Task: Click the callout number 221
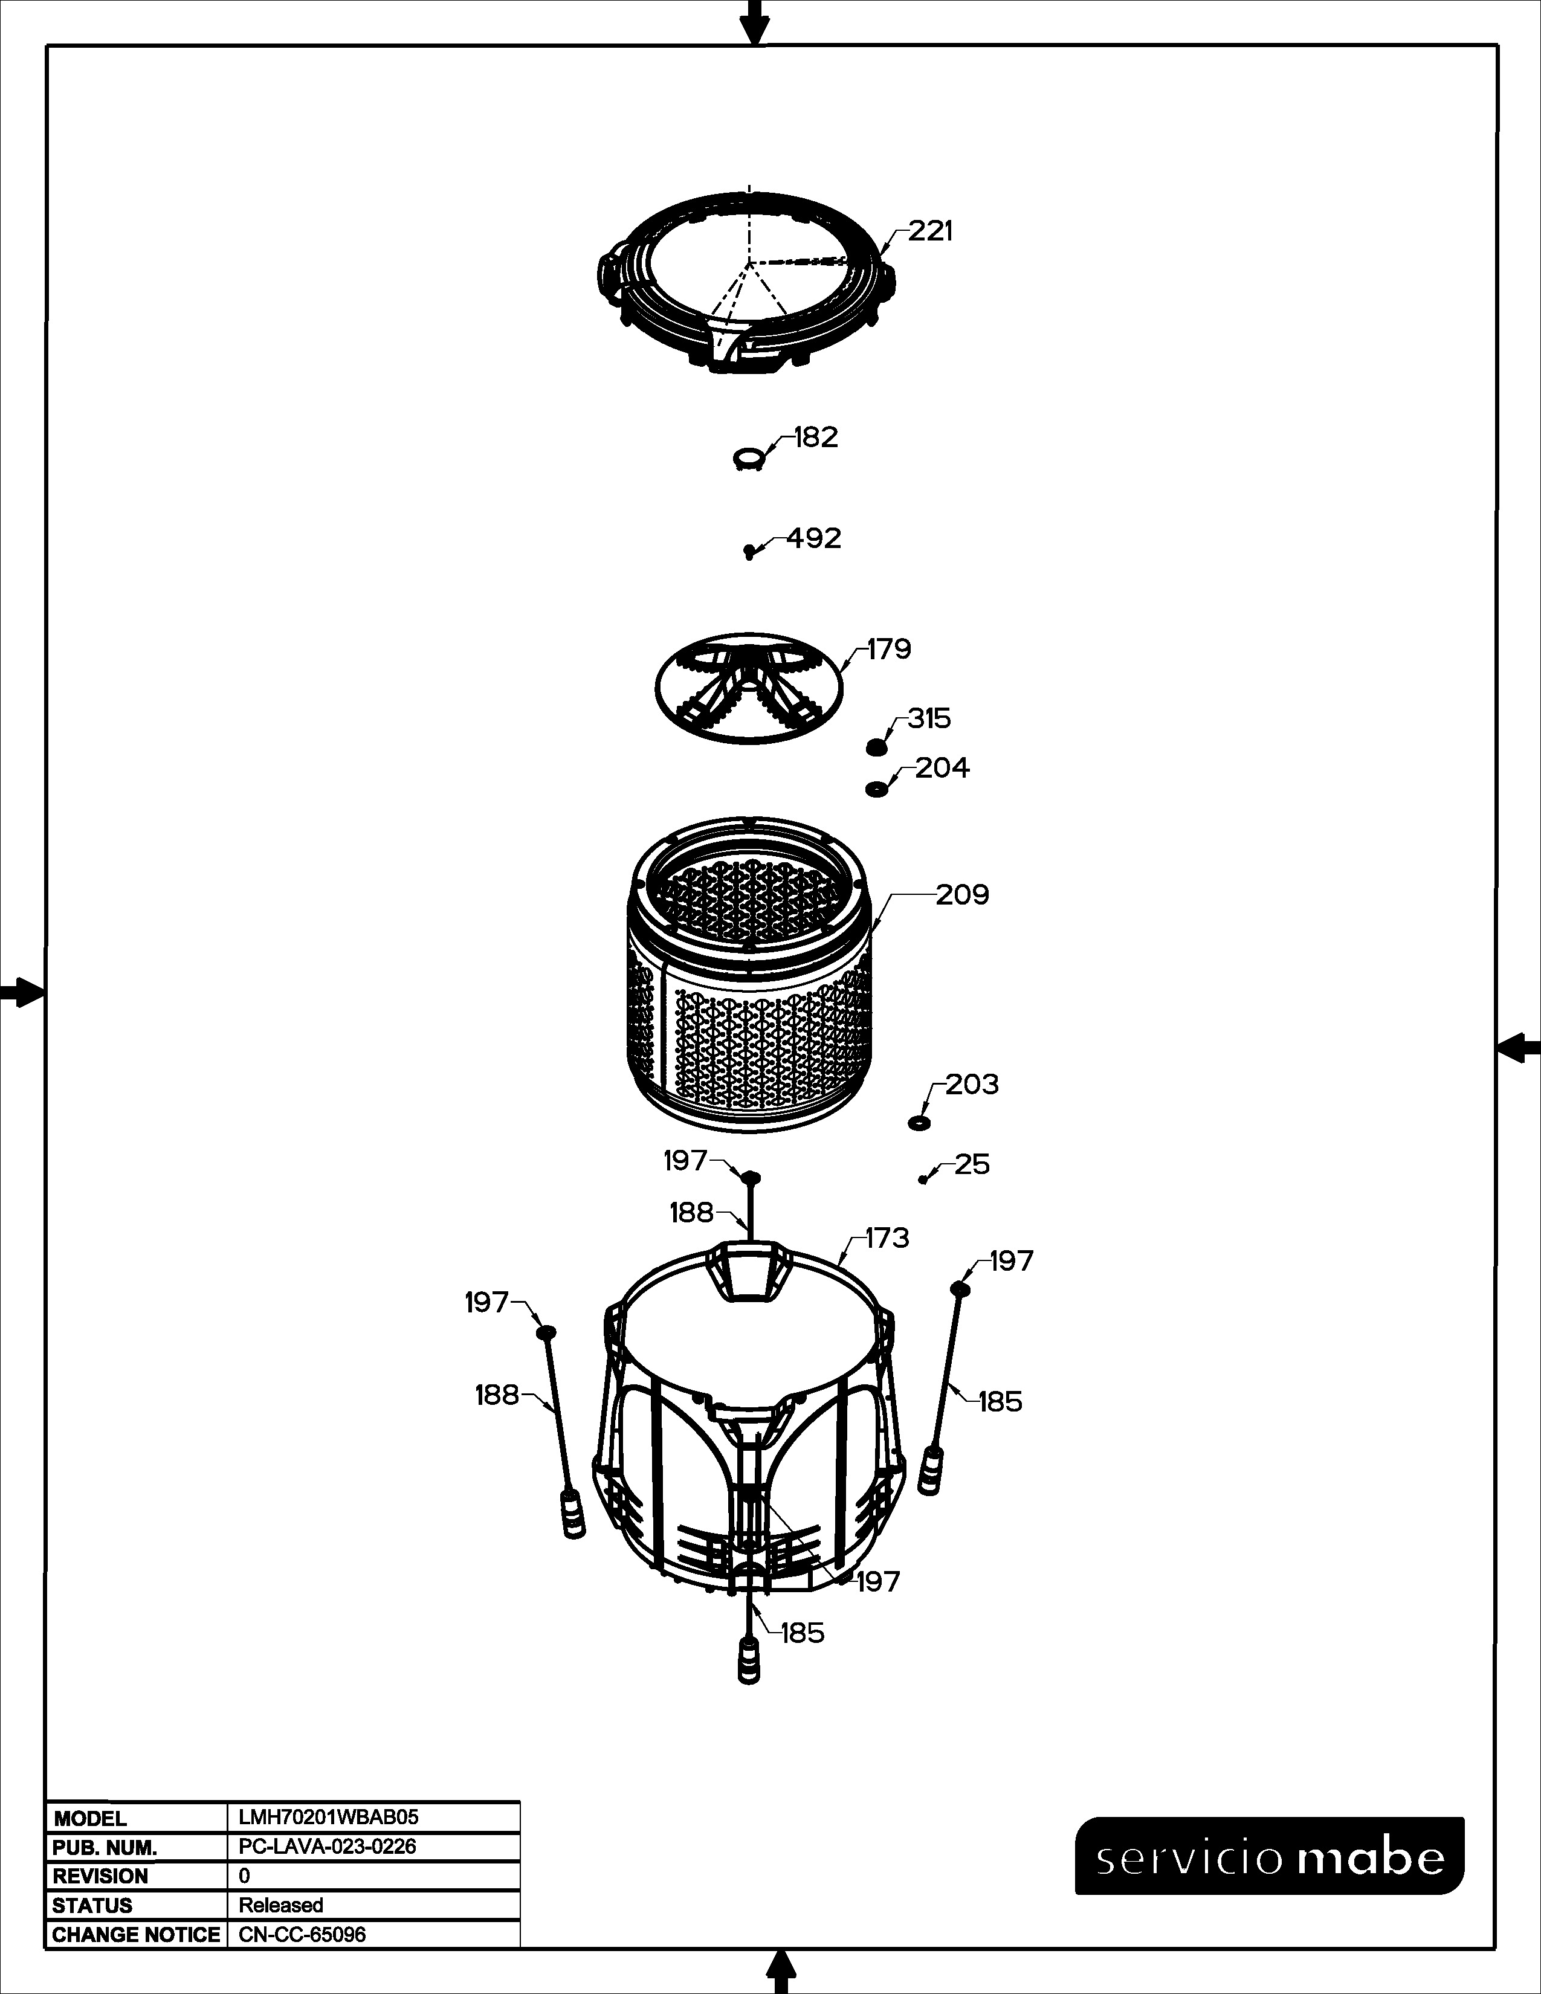click(930, 232)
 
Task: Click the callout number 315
click(929, 718)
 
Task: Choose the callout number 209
click(962, 895)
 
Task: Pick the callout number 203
click(972, 1085)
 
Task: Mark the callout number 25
click(972, 1164)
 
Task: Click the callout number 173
click(887, 1238)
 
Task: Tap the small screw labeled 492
click(749, 552)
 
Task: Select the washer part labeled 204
click(876, 788)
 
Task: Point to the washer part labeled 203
click(919, 1122)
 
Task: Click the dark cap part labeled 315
click(876, 747)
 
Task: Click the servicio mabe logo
click(1269, 1856)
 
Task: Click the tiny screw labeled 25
click(924, 1179)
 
